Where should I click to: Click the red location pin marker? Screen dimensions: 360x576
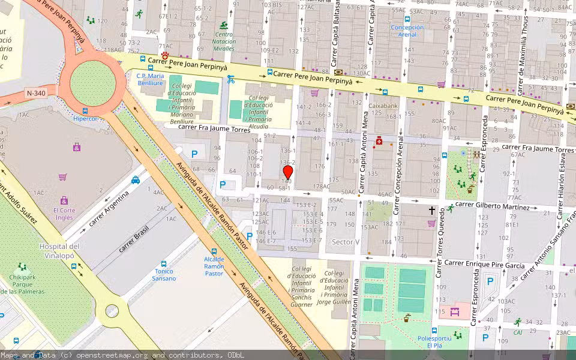287,172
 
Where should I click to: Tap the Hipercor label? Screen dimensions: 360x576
85,119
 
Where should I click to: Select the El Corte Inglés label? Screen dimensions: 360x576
64,214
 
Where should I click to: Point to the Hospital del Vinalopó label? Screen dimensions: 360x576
59,251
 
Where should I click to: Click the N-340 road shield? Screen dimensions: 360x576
35,92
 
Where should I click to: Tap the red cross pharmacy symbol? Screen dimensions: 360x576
379,142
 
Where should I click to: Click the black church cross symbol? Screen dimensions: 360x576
431,211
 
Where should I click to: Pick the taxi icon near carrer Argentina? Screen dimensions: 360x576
136,179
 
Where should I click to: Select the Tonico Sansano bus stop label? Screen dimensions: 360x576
164,275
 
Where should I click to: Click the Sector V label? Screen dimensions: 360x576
346,242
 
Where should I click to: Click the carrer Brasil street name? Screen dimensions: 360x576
133,239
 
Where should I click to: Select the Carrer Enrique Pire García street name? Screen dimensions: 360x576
484,265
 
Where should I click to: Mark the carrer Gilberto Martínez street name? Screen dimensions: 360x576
493,206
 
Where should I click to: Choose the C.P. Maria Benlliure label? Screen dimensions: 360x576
150,80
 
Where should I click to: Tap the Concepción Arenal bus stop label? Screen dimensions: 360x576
407,31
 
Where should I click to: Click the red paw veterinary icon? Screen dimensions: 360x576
164,55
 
